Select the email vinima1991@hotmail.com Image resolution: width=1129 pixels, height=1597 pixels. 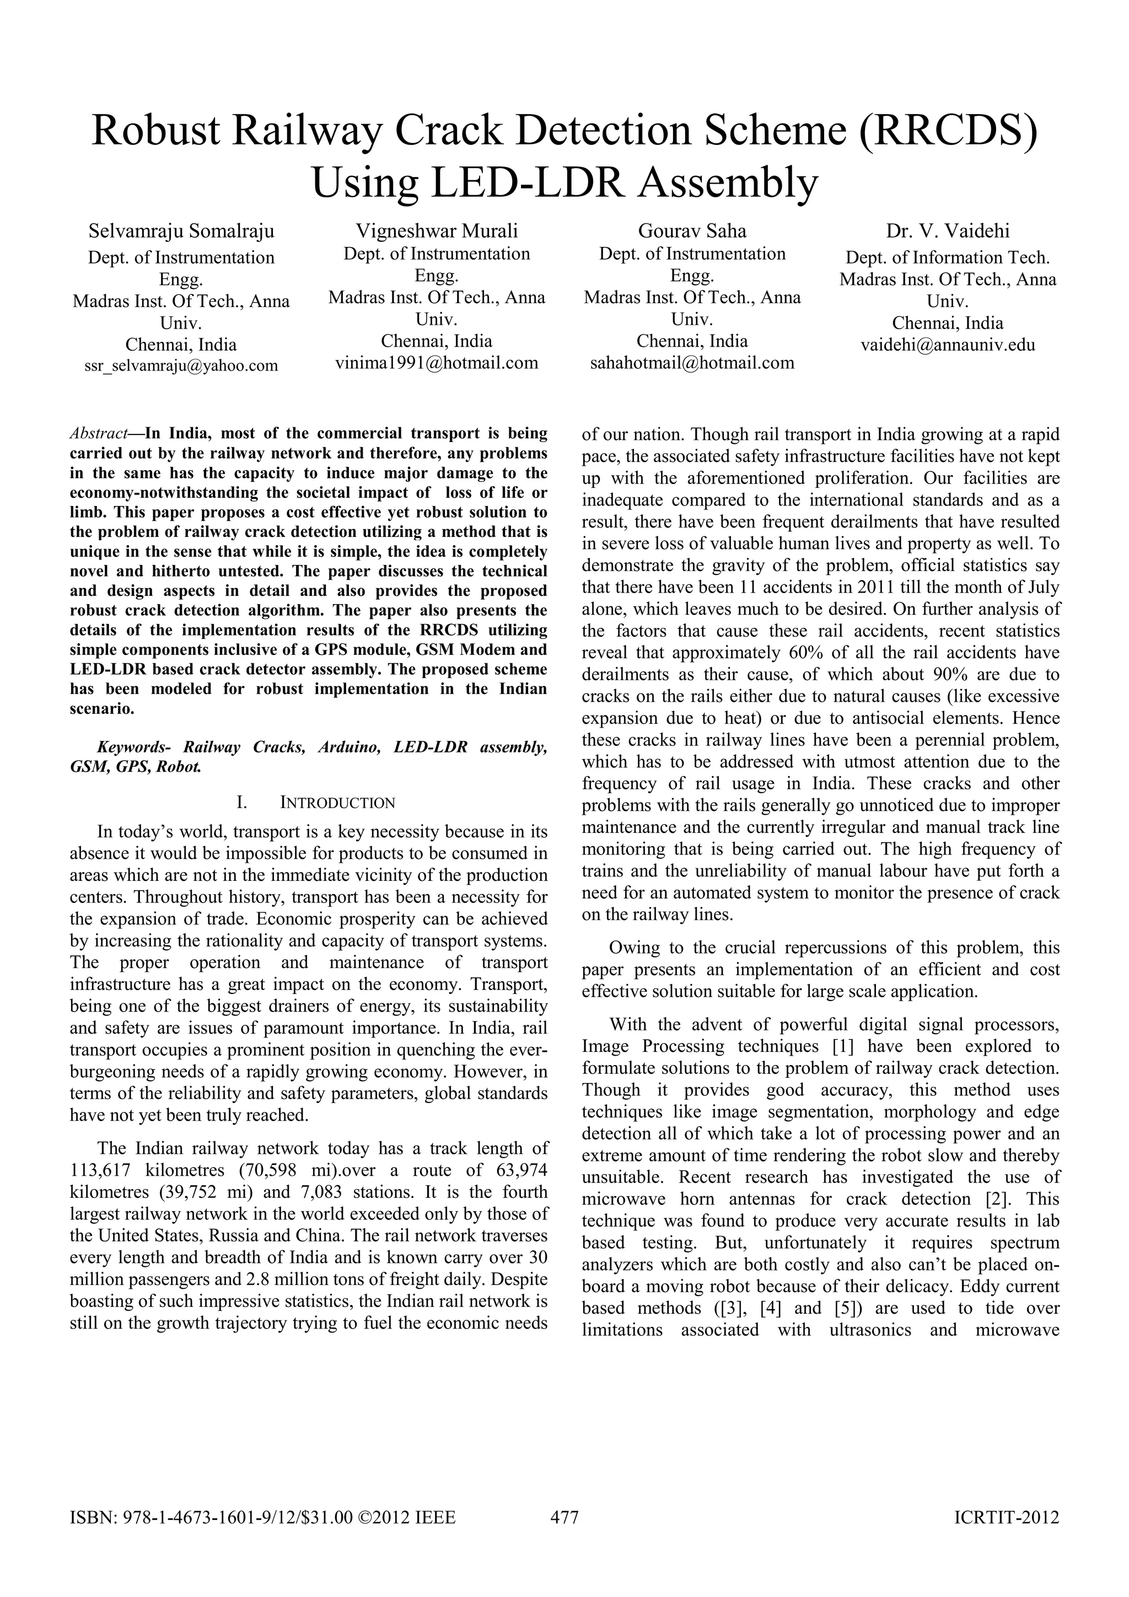click(436, 362)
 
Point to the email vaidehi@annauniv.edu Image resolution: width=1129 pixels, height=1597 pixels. click(948, 345)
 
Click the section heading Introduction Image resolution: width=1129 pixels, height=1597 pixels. click(337, 803)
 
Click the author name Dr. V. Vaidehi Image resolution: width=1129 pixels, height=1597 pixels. click(948, 231)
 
